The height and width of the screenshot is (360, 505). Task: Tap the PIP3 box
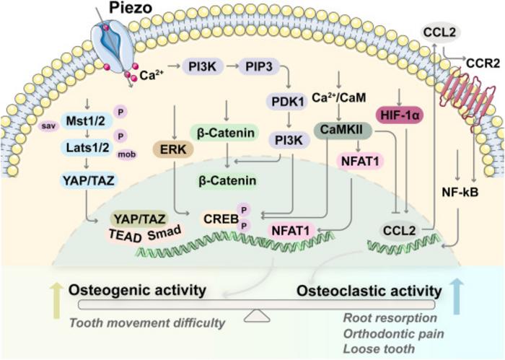258,66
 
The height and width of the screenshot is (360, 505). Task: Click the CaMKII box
342,130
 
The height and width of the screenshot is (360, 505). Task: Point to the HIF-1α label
400,115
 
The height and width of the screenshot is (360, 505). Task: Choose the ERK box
173,149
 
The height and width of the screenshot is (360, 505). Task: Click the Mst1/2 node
86,121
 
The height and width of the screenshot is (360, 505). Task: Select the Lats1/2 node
87,147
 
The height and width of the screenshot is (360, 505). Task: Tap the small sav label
48,126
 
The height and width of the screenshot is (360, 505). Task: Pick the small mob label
126,154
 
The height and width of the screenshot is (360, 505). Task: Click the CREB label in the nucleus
221,219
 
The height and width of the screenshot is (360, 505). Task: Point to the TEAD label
125,236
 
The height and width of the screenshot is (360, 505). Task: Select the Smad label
164,232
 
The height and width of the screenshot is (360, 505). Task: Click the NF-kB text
460,193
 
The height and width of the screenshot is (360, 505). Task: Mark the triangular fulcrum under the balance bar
257,316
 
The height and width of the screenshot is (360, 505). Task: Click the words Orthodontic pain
394,334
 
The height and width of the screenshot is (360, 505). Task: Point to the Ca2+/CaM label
339,97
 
